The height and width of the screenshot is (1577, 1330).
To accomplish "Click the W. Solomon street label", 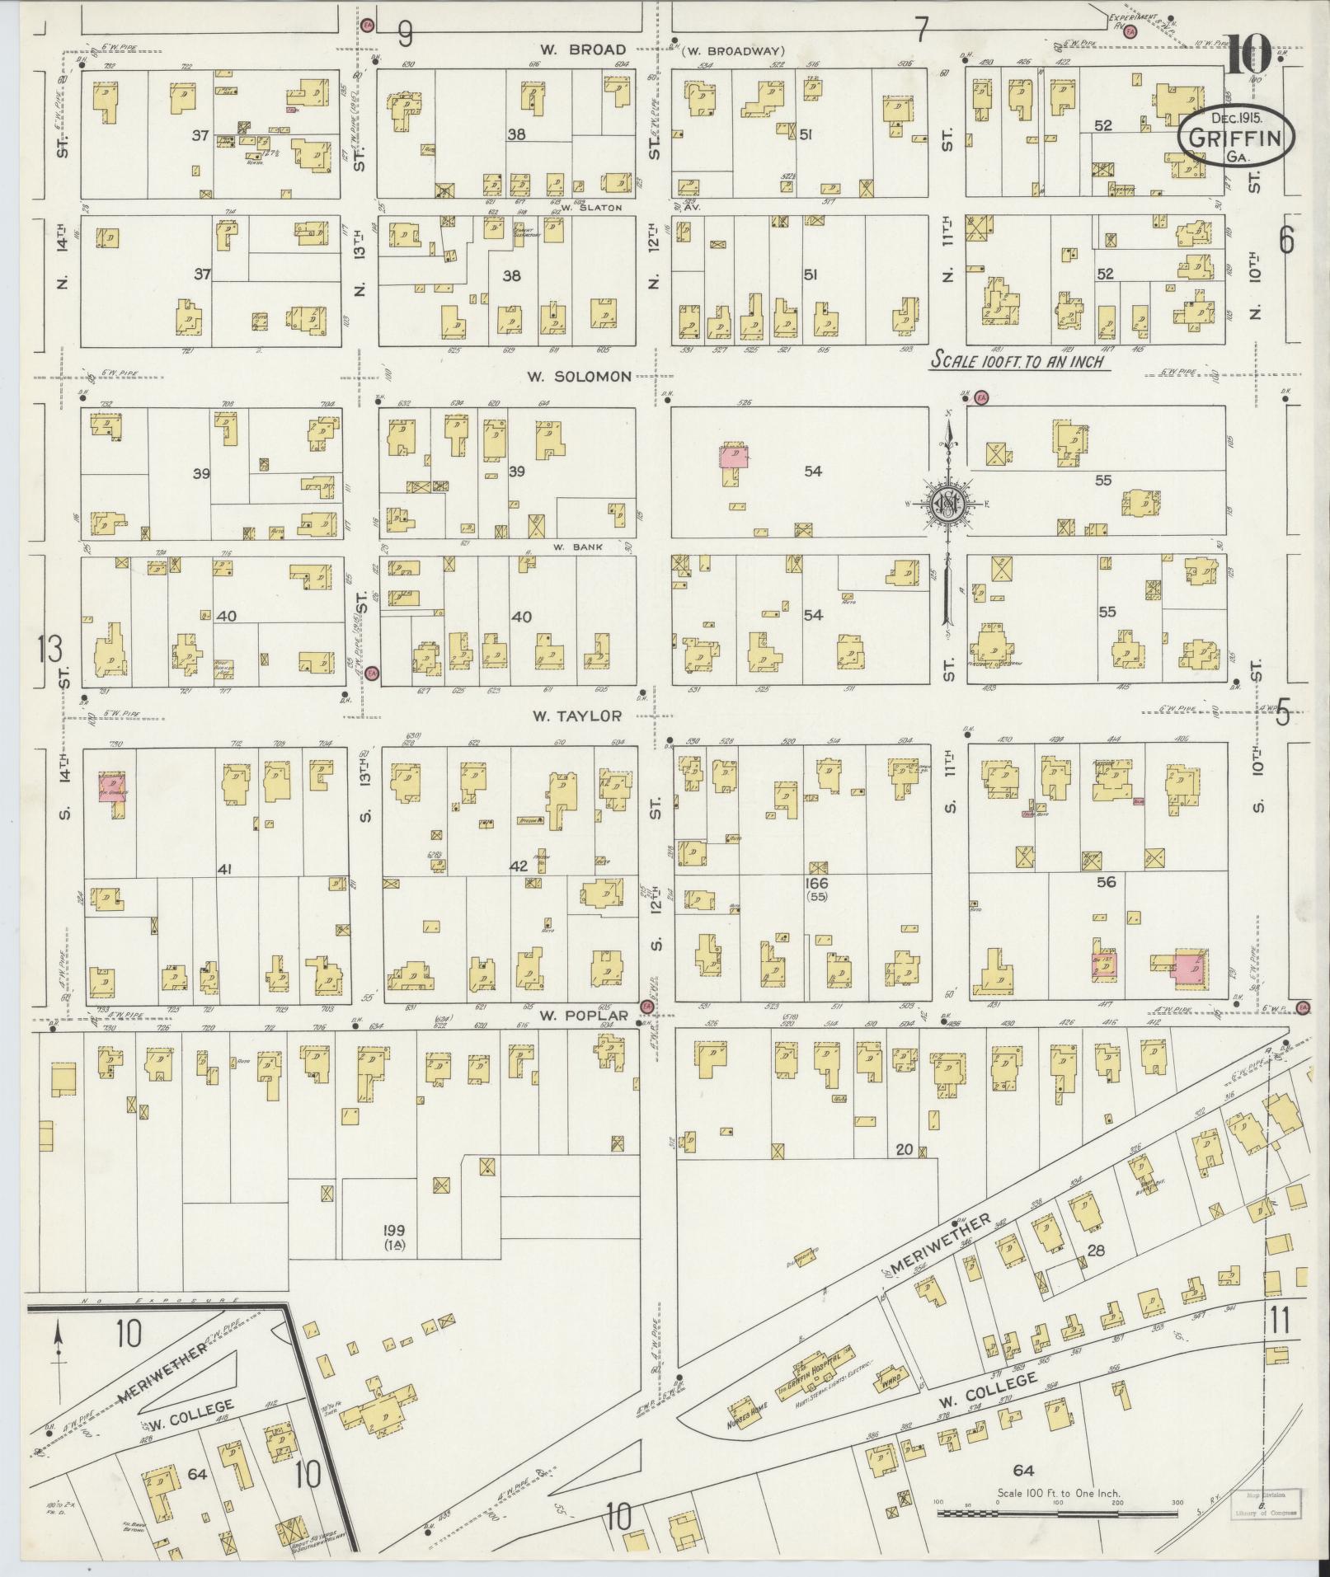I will pyautogui.click(x=580, y=377).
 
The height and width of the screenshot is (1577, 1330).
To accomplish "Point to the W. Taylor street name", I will pyautogui.click(x=576, y=716).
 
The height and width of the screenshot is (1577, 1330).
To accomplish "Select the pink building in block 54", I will pyautogui.click(x=734, y=456).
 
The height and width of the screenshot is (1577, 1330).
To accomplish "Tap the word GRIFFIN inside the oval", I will pyautogui.click(x=1235, y=138).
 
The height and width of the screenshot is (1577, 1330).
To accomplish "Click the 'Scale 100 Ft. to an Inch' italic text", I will pyautogui.click(x=1017, y=360).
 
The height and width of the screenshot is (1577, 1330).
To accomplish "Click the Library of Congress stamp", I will pyautogui.click(x=1266, y=1503).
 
